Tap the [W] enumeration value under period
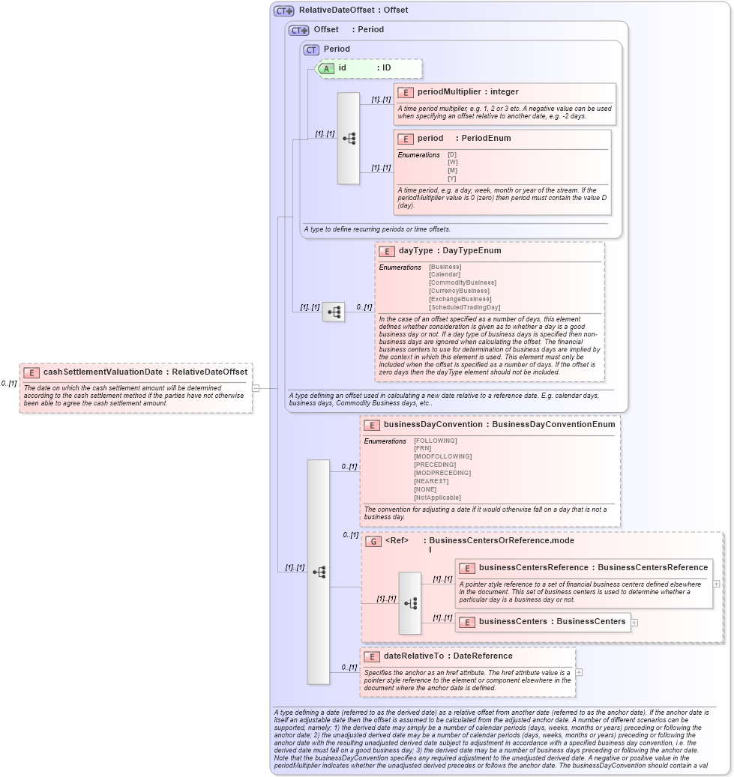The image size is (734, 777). [452, 163]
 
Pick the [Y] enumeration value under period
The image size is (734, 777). [452, 178]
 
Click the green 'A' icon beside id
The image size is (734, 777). [327, 68]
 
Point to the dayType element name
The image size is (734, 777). [415, 251]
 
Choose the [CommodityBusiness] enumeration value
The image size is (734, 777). [463, 283]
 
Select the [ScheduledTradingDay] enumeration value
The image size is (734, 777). [464, 307]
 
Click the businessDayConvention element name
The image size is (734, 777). [433, 425]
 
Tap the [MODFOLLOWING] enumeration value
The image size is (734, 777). [442, 456]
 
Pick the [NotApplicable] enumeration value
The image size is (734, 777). [437, 498]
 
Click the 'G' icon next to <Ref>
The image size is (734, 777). [373, 541]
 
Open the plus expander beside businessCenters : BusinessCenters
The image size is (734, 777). [635, 622]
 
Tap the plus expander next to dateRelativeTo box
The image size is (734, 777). [579, 672]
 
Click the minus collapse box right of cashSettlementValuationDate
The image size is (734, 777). [256, 388]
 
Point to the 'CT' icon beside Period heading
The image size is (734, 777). [311, 49]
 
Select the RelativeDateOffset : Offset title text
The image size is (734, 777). [353, 10]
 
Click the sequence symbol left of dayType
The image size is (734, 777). [334, 312]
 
